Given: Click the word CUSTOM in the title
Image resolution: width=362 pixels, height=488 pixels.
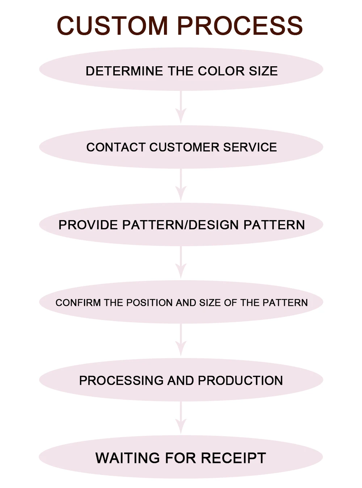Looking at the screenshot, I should [x=112, y=26].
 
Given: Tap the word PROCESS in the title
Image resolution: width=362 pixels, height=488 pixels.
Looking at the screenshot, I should [x=240, y=26].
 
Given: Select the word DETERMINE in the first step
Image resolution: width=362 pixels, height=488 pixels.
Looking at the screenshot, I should [x=124, y=71].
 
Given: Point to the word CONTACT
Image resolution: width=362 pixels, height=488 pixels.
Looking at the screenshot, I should [x=116, y=147].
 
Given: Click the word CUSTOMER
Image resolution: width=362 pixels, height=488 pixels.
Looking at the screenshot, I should [x=184, y=147].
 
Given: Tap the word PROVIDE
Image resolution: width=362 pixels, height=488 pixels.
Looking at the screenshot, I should [x=88, y=225].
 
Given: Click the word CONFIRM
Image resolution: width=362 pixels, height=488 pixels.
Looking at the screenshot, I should [x=78, y=303].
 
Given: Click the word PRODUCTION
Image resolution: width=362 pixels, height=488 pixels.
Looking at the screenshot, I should [x=240, y=380].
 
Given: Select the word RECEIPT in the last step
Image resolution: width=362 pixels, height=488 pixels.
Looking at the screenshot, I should [x=233, y=458].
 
